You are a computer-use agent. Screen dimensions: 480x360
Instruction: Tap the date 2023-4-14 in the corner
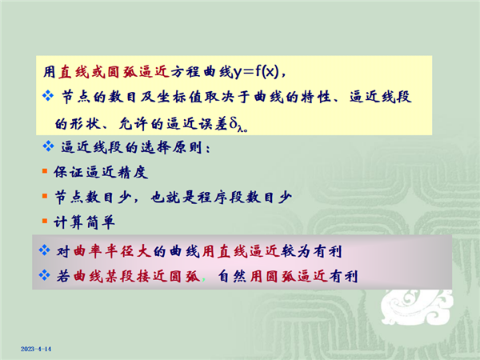click(36, 349)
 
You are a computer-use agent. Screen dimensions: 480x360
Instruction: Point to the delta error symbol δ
click(234, 124)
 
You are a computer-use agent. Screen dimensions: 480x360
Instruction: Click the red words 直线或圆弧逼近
click(114, 72)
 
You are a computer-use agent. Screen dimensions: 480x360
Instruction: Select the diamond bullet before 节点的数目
click(48, 96)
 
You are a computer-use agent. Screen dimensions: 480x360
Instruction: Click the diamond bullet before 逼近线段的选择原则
click(48, 146)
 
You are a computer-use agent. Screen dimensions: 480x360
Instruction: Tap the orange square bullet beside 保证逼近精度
click(45, 170)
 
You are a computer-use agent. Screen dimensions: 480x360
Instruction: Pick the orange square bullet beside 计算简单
click(45, 221)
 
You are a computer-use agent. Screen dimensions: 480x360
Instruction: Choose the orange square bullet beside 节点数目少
click(45, 196)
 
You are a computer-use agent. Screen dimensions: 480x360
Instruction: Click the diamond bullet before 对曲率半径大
click(44, 250)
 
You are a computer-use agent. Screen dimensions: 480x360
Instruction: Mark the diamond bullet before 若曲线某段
click(44, 275)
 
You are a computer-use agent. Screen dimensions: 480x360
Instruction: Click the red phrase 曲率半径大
click(112, 252)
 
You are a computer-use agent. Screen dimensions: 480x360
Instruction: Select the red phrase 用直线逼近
click(241, 252)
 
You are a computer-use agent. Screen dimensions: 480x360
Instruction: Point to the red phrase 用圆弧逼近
click(288, 277)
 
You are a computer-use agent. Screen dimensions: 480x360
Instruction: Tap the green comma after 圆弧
click(204, 279)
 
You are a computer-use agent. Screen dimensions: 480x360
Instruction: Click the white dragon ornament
click(417, 307)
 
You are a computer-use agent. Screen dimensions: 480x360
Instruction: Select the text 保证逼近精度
click(101, 172)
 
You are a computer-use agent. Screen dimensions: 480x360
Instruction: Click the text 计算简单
click(85, 222)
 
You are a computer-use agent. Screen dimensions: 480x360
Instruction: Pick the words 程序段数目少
click(245, 197)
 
